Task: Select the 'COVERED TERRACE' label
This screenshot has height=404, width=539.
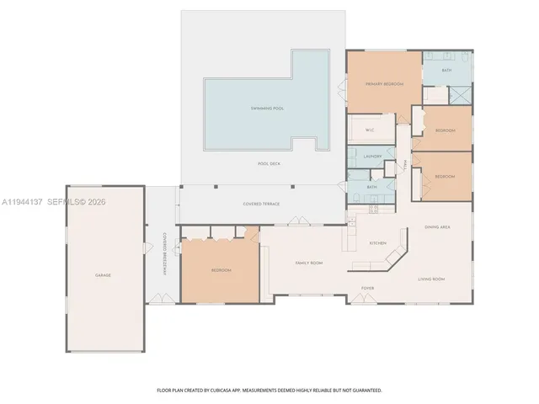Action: [x=261, y=204]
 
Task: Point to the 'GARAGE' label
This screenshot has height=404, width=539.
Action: [x=103, y=275]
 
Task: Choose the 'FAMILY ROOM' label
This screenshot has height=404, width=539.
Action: [x=309, y=263]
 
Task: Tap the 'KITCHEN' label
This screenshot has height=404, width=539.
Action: [x=377, y=243]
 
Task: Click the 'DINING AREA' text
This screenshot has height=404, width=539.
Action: [x=436, y=227]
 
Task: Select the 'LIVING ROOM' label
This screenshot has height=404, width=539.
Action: [x=431, y=279]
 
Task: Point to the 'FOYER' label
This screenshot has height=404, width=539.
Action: [x=367, y=289]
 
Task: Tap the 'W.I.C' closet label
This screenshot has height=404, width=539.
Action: [x=369, y=130]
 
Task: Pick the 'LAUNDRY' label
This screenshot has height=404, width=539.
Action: [x=372, y=157]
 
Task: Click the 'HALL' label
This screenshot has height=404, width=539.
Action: [x=405, y=165]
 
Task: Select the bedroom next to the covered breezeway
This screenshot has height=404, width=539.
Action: [x=221, y=270]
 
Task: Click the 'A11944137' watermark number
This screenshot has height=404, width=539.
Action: [x=21, y=202]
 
